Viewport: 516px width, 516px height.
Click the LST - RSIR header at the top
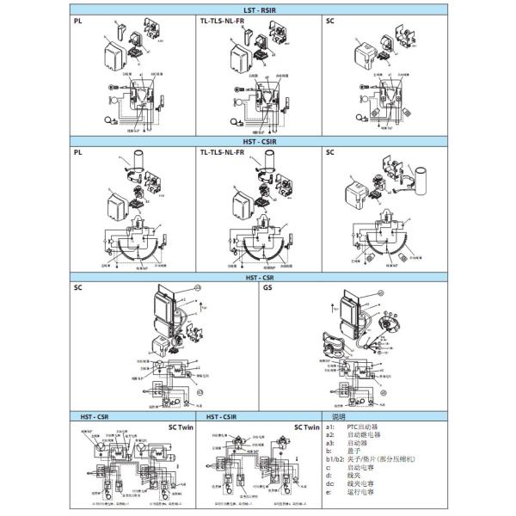[x=258, y=9]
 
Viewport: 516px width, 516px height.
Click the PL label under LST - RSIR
[x=77, y=20]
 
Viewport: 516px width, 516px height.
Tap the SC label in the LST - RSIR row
[x=330, y=20]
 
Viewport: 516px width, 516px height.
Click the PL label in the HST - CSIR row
[x=77, y=152]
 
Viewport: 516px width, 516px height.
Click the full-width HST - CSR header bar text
[x=258, y=277]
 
